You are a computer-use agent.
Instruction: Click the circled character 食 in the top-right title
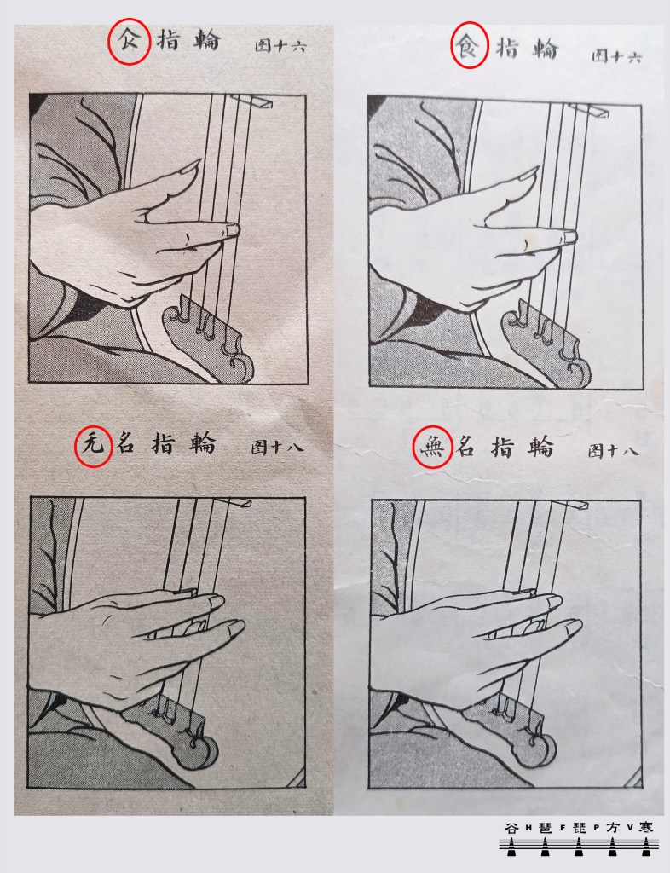click(x=468, y=46)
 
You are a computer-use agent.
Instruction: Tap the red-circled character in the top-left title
click(x=128, y=40)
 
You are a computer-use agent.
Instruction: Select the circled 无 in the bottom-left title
click(x=93, y=446)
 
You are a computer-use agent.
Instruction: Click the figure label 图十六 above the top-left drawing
click(x=280, y=46)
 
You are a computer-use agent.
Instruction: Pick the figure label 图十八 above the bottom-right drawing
click(x=613, y=449)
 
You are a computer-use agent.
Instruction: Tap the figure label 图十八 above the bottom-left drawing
click(x=276, y=446)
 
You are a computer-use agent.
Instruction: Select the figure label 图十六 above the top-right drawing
click(x=616, y=56)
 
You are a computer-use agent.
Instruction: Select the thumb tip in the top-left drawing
click(x=193, y=165)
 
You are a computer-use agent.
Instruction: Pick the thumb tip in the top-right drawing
click(x=531, y=171)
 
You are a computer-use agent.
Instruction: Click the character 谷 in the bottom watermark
click(x=511, y=828)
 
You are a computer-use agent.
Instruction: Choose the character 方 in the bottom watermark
click(x=612, y=828)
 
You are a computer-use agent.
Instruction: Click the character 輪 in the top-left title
click(x=208, y=41)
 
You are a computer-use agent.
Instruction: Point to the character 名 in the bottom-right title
click(x=465, y=447)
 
